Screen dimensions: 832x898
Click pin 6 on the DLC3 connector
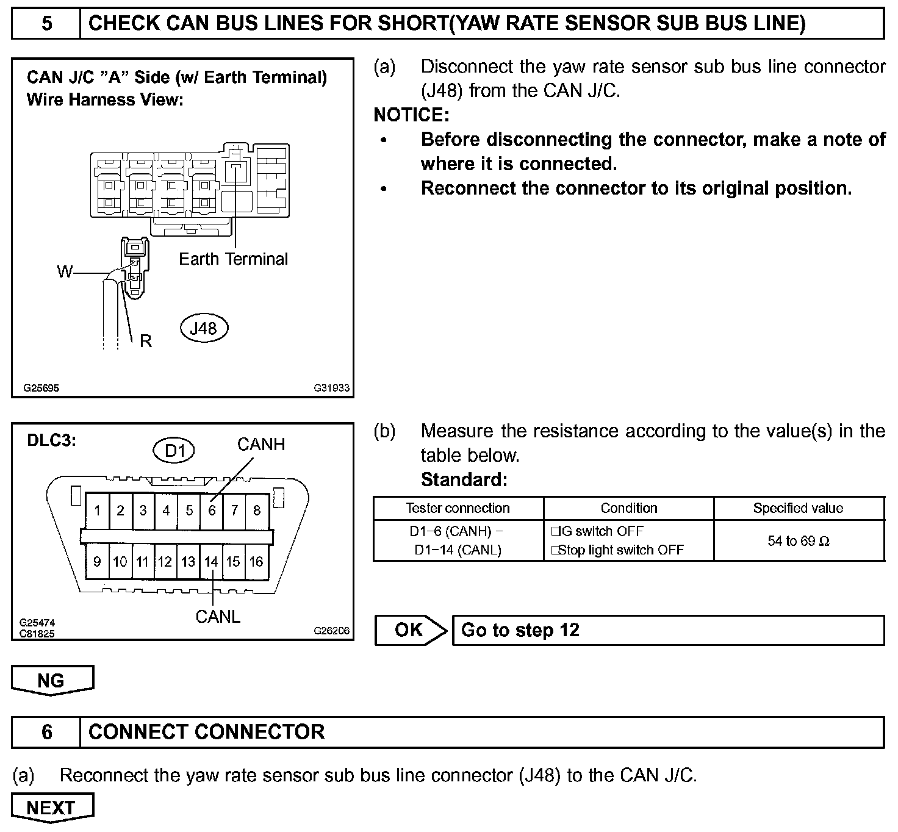(x=212, y=510)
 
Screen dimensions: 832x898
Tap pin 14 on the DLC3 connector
(x=211, y=561)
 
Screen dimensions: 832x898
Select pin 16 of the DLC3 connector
(x=256, y=561)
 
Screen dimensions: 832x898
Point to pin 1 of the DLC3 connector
(x=98, y=510)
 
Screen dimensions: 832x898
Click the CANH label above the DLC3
(x=261, y=444)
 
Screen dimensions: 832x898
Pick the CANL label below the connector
(x=218, y=617)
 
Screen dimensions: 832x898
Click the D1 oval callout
(x=174, y=451)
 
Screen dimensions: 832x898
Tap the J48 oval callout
(x=203, y=328)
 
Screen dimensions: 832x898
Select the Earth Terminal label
(x=233, y=259)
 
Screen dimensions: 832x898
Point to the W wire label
(x=65, y=271)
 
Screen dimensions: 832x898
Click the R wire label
(x=145, y=341)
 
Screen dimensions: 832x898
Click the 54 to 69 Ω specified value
(x=799, y=541)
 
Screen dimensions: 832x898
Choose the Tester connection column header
(x=458, y=508)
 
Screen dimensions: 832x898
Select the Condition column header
(x=629, y=508)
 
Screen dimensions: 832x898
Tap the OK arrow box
(x=410, y=630)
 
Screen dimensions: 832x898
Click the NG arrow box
(x=52, y=681)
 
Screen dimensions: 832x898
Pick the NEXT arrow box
(x=52, y=808)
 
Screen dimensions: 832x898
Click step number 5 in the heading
(x=46, y=24)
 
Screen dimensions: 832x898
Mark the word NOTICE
(x=411, y=115)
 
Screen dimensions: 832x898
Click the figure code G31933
(x=332, y=388)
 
